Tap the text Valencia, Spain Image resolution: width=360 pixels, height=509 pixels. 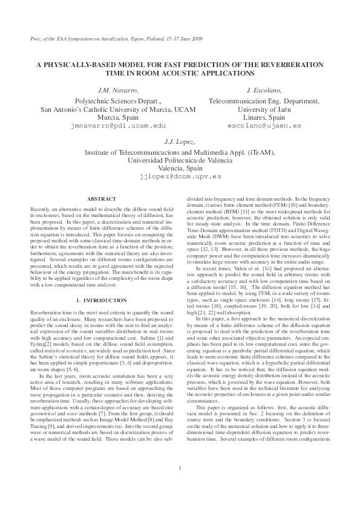(180, 169)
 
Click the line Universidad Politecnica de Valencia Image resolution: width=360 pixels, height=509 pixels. (180, 160)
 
